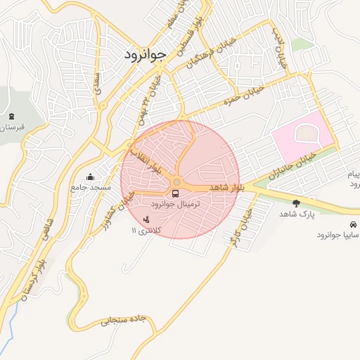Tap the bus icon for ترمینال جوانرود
[175, 193]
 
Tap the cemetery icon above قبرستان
[10, 117]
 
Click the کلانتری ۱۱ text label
[146, 231]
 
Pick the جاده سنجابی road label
[123, 321]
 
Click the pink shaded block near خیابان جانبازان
[301, 137]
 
